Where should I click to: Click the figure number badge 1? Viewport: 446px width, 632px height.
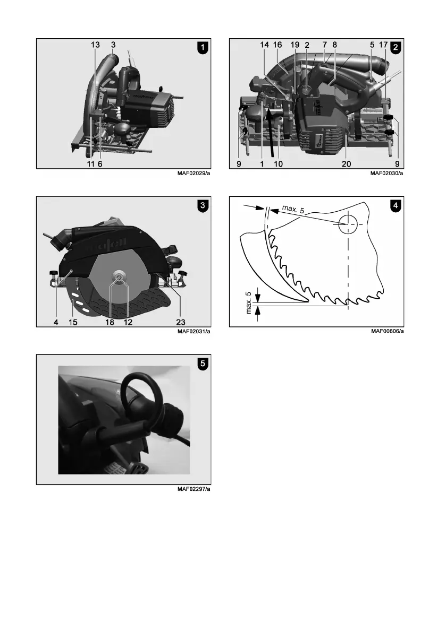[203, 48]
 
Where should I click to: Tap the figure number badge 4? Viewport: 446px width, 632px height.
[395, 205]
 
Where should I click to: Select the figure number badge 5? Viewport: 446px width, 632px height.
[203, 363]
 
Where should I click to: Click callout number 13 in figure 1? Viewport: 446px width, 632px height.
[95, 45]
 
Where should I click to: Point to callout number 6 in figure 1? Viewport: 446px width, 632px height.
[100, 163]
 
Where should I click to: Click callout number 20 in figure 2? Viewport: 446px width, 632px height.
[346, 163]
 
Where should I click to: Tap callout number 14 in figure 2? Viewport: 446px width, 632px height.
[264, 45]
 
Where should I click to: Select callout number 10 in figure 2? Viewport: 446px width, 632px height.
[278, 163]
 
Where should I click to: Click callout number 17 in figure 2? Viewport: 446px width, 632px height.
[383, 45]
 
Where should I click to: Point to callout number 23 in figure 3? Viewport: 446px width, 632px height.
[180, 322]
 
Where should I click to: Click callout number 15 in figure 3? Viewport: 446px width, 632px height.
[73, 322]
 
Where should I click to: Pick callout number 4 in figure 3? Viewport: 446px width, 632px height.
[56, 322]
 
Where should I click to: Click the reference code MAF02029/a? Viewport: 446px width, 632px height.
[193, 174]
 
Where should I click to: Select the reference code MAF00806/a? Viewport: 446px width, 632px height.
[388, 331]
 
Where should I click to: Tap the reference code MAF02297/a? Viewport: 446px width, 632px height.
[193, 489]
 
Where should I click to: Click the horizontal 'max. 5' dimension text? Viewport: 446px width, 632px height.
[293, 209]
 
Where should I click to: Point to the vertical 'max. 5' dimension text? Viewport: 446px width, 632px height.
[249, 302]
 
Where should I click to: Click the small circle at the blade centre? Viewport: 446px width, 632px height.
[348, 224]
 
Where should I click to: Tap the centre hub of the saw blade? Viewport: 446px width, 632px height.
[119, 278]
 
